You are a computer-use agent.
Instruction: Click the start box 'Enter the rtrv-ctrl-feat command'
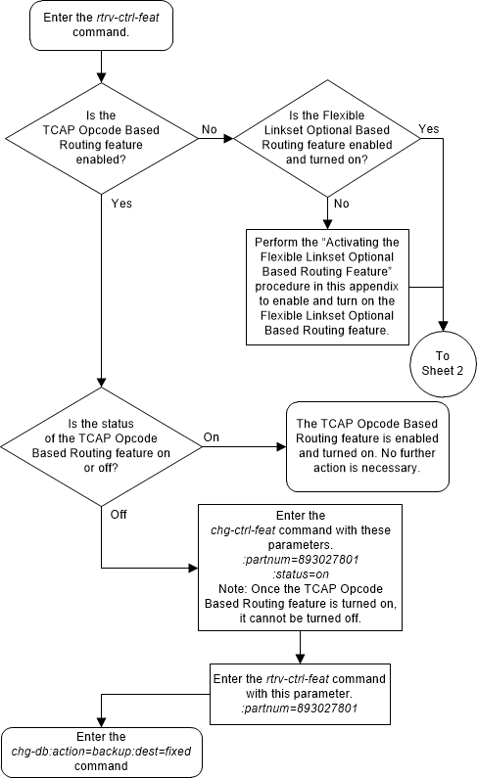tap(102, 25)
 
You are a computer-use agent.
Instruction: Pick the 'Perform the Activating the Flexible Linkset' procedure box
tap(327, 285)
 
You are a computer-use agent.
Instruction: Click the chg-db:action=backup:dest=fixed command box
tap(102, 752)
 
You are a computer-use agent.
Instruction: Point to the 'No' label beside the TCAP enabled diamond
tap(209, 128)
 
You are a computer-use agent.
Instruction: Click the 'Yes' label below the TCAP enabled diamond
tap(121, 204)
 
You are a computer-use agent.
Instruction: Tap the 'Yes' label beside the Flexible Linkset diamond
tap(428, 128)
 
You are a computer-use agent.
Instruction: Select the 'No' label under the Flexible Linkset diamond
tap(342, 204)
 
